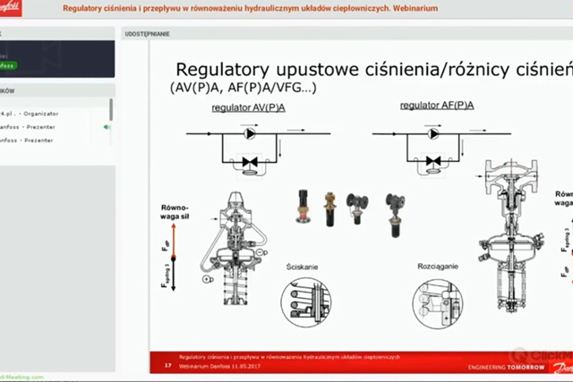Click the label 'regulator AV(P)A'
tap(244, 107)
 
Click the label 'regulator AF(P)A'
tap(425, 106)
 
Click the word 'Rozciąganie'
tap(439, 266)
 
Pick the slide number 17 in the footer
tap(167, 366)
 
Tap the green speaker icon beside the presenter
tap(107, 127)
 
